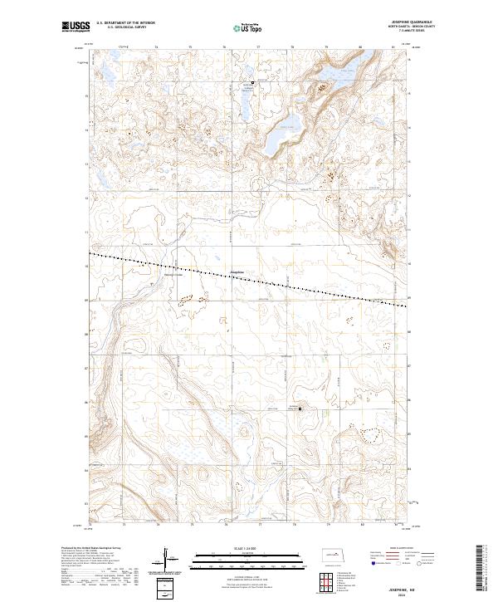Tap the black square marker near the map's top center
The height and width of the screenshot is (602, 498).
pyautogui.click(x=254, y=83)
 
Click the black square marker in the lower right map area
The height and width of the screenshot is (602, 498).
pyautogui.click(x=300, y=408)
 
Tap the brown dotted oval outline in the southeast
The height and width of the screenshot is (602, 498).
pyautogui.click(x=368, y=433)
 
